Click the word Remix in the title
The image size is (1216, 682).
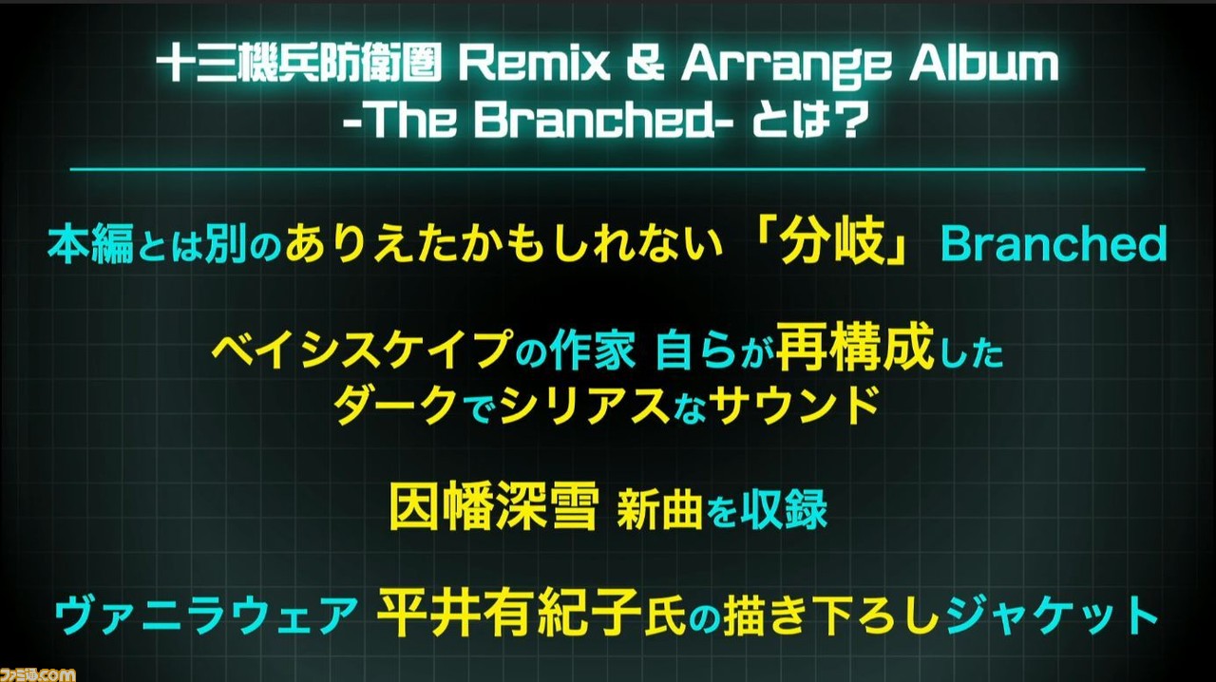pos(534,64)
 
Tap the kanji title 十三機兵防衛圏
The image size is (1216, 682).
pos(299,65)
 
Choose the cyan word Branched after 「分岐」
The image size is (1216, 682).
pos(1054,245)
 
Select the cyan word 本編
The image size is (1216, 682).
pos(90,245)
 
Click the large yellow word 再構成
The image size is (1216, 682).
pos(855,348)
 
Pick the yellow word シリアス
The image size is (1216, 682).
pos(584,405)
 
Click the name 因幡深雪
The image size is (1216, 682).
pos(493,506)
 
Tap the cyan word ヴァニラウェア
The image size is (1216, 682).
pos(205,616)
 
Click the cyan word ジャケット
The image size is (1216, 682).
pos(1052,616)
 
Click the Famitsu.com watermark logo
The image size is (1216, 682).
pos(38,674)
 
